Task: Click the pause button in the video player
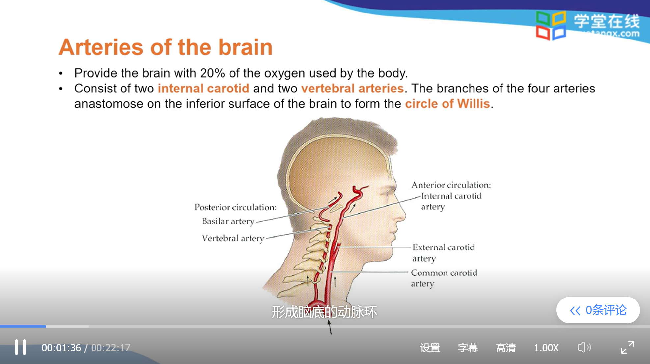coord(20,347)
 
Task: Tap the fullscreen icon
coord(627,347)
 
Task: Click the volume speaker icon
coord(584,347)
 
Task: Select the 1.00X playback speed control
coord(546,348)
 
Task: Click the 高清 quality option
coord(506,348)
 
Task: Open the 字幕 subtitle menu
coord(468,348)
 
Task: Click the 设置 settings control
coord(430,348)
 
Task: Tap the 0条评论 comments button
coord(598,310)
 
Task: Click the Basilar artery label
coord(228,221)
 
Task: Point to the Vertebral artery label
coord(233,238)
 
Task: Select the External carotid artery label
coord(443,252)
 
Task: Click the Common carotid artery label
coord(444,278)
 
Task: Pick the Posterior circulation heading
coord(235,207)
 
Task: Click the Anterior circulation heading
coord(451,185)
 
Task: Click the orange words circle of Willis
coord(447,104)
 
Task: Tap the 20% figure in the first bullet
coord(212,73)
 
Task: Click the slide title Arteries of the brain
coord(166,47)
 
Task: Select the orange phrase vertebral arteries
coord(352,89)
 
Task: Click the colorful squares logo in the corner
coord(551,25)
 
